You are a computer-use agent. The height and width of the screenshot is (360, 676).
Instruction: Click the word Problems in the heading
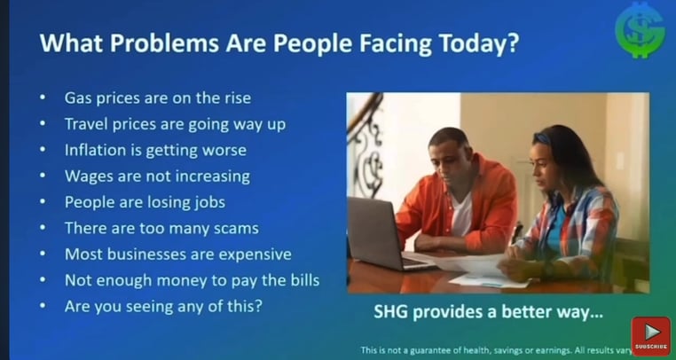165,43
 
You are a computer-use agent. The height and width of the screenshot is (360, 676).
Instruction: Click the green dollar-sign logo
640,30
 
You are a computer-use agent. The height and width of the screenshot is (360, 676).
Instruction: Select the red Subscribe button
651,336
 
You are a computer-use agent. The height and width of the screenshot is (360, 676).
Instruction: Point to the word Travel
86,124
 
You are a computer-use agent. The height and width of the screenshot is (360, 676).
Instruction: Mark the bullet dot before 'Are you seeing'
43,306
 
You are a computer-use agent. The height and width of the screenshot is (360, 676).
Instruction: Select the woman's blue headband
542,138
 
